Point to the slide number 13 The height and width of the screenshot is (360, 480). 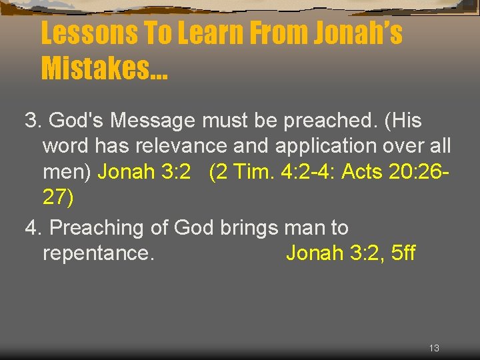point(434,348)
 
